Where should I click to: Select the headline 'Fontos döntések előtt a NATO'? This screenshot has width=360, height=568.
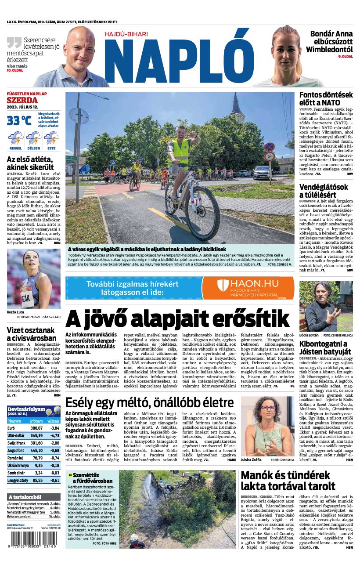326,98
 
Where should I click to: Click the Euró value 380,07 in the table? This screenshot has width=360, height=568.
36,427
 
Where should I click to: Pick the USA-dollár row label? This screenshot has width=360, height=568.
16,435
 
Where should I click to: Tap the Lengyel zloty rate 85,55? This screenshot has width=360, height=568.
37,480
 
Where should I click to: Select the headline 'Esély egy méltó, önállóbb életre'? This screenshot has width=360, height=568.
149,402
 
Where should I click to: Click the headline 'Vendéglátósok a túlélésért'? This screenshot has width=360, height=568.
323,191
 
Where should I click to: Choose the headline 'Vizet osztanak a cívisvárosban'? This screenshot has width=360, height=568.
32,334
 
